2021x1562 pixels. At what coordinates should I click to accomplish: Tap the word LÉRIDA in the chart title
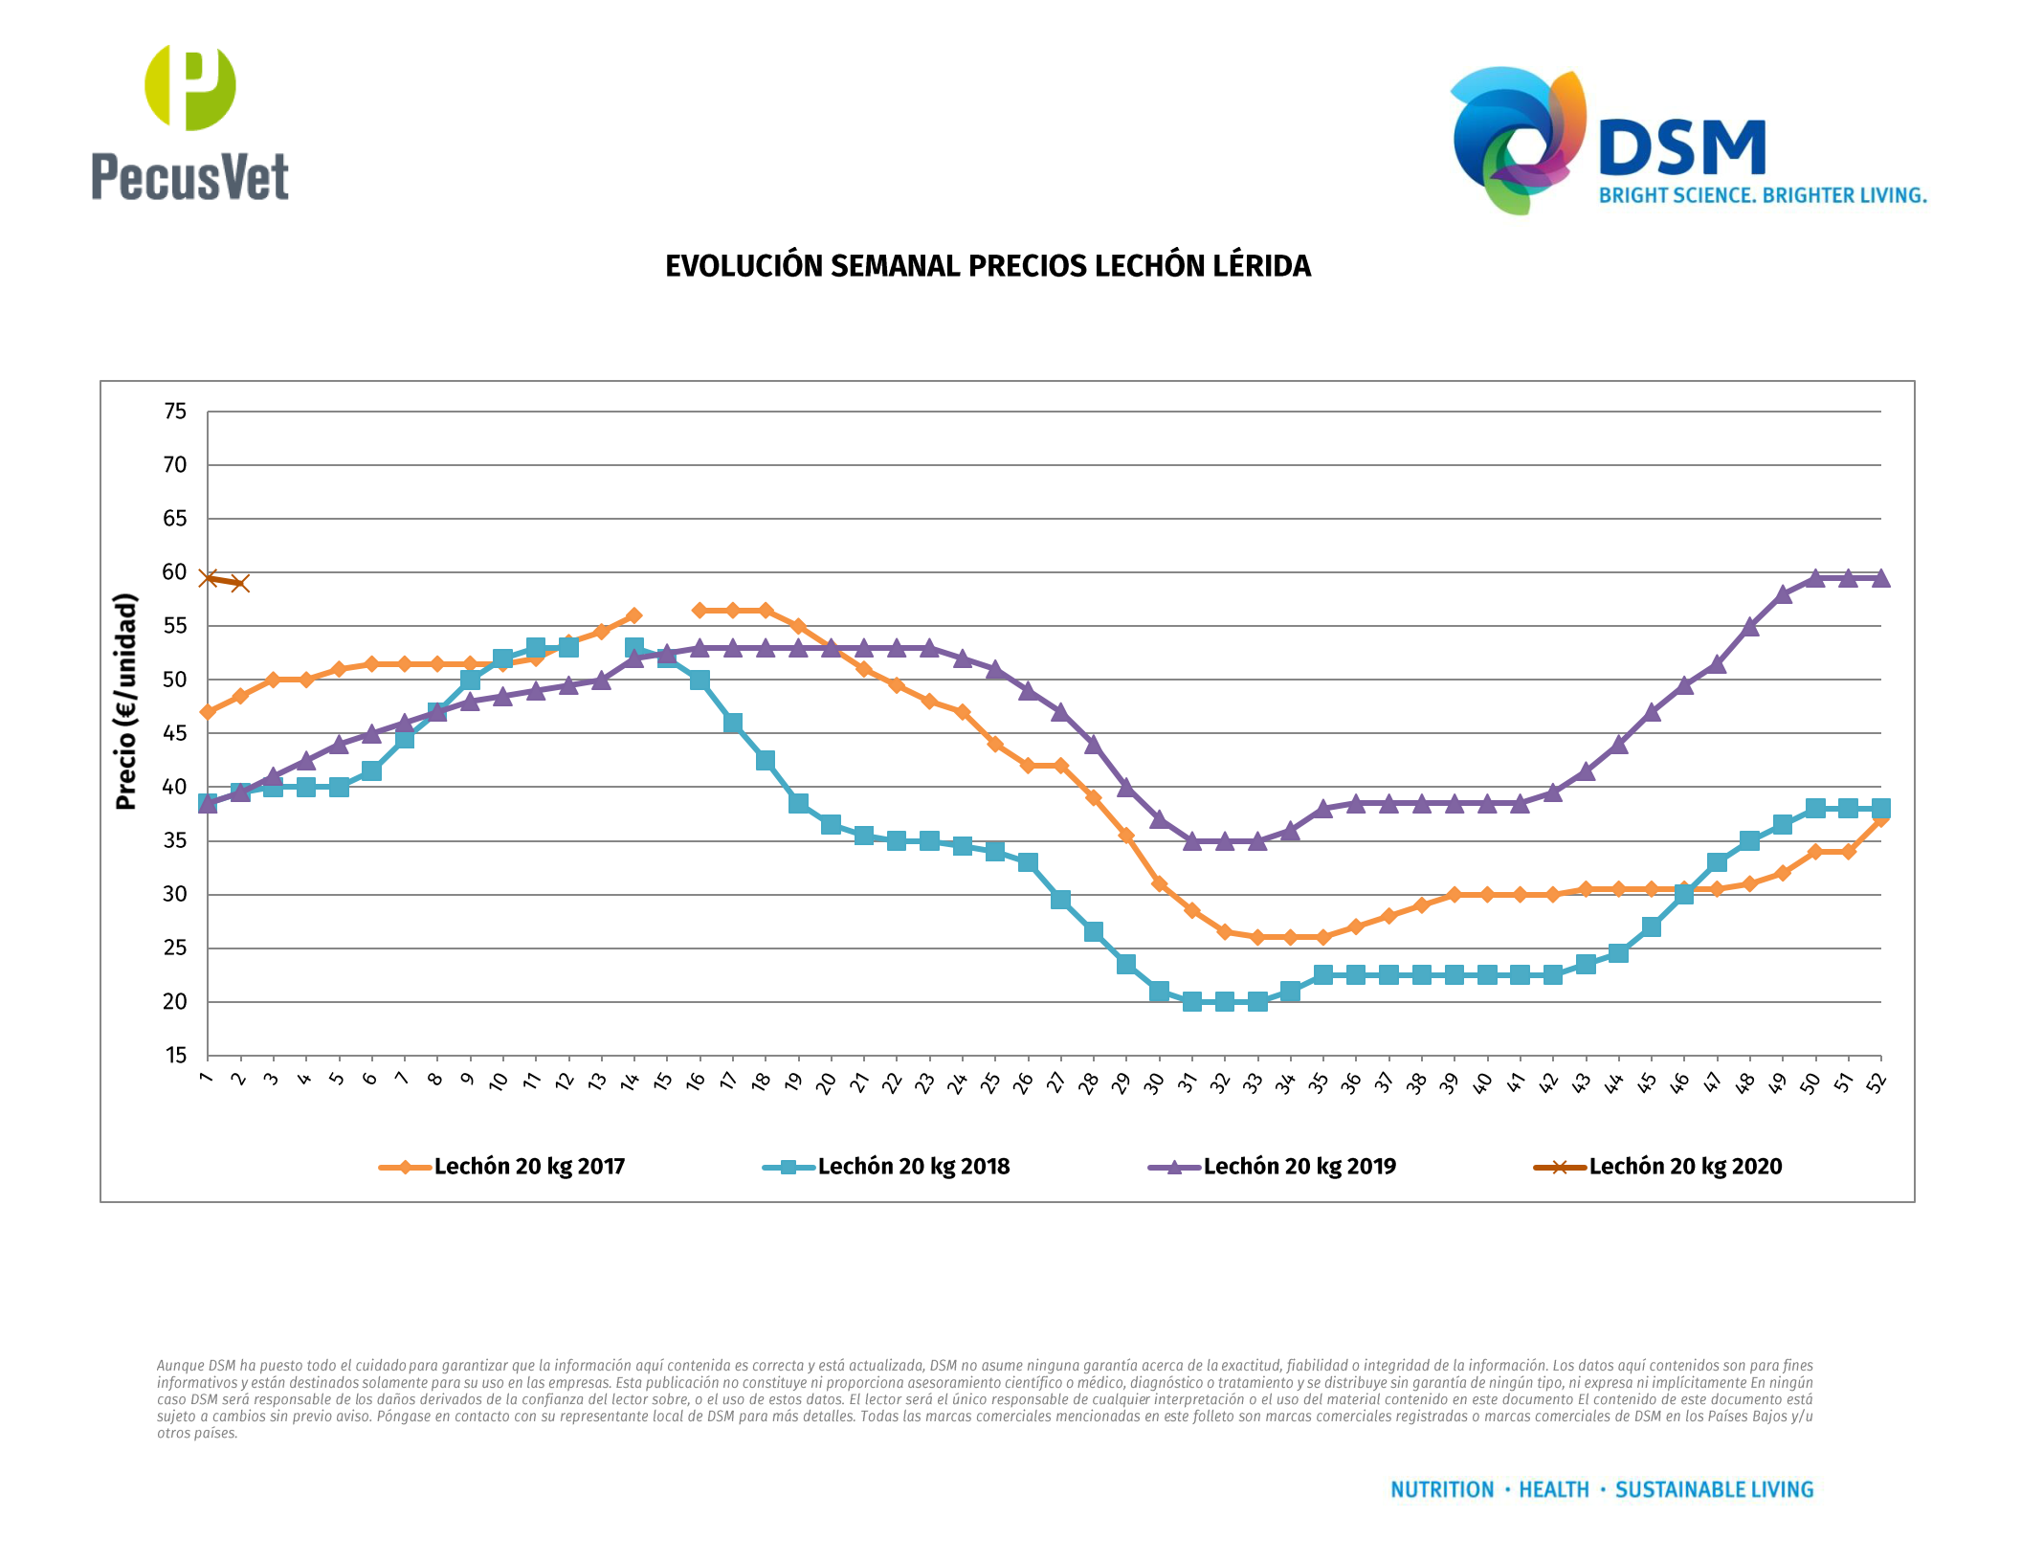coord(1261,266)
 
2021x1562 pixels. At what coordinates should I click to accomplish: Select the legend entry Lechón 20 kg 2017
coord(528,1167)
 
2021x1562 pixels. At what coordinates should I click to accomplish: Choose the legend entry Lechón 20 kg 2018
coord(913,1167)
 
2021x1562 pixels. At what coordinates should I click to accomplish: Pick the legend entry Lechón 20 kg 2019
coord(1299,1167)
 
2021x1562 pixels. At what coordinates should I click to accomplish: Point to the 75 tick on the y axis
coord(175,412)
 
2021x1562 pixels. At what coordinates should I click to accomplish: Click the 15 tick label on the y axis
coord(175,1056)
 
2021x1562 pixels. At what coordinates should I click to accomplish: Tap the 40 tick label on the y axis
coord(175,787)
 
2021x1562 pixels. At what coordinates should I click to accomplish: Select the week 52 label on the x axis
coord(1877,1082)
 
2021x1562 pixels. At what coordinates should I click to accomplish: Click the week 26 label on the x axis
coord(1023,1082)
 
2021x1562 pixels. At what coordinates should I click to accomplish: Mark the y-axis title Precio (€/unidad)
coord(126,702)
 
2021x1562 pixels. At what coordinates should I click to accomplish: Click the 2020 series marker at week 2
coord(240,583)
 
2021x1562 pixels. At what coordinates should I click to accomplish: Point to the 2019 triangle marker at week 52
coord(1881,578)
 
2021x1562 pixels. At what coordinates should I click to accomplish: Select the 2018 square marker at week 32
coord(1225,1001)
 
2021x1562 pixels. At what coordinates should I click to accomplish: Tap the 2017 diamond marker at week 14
coord(633,615)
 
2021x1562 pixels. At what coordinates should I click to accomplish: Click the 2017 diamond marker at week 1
coord(208,712)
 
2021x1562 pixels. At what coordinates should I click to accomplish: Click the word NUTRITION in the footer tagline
coord(1442,1490)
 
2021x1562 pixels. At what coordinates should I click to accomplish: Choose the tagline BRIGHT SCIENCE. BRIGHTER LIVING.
coord(1763,195)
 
